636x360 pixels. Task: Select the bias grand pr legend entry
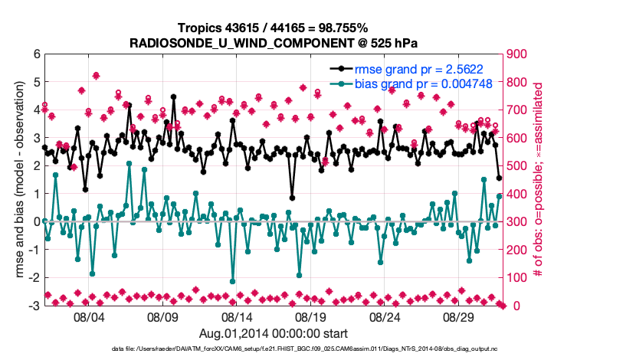pyautogui.click(x=414, y=83)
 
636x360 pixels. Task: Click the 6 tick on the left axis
pyautogui.click(x=36, y=54)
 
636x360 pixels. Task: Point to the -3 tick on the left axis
pyautogui.click(x=34, y=306)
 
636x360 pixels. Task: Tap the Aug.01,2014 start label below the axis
pyautogui.click(x=273, y=333)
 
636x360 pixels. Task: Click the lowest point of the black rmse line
pyautogui.click(x=292, y=198)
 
